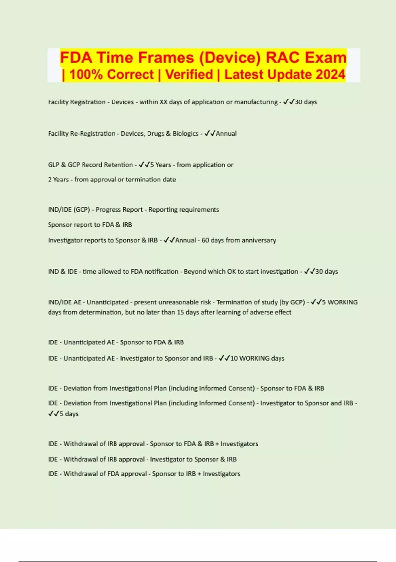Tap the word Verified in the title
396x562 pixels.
(189, 74)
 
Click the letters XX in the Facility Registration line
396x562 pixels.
(163, 102)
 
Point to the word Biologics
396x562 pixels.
(185, 134)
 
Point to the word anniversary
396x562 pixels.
(259, 240)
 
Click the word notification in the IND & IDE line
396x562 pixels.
(161, 272)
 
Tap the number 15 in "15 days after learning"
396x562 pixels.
(181, 312)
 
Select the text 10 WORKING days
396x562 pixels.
(257, 358)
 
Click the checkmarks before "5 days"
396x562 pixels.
(53, 414)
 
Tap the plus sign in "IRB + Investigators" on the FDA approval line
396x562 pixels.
(199, 474)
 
